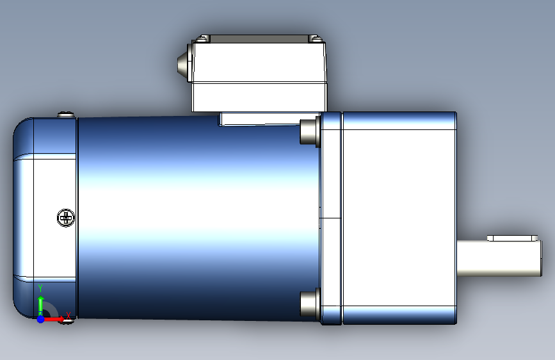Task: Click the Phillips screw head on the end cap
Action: click(66, 218)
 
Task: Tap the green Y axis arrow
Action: click(41, 305)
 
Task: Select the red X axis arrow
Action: click(53, 319)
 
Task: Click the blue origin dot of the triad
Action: click(41, 319)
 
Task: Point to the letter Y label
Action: click(40, 288)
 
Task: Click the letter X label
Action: click(68, 315)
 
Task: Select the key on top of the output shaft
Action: click(512, 238)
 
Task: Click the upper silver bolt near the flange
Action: click(310, 131)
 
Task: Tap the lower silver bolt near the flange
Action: click(310, 304)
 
